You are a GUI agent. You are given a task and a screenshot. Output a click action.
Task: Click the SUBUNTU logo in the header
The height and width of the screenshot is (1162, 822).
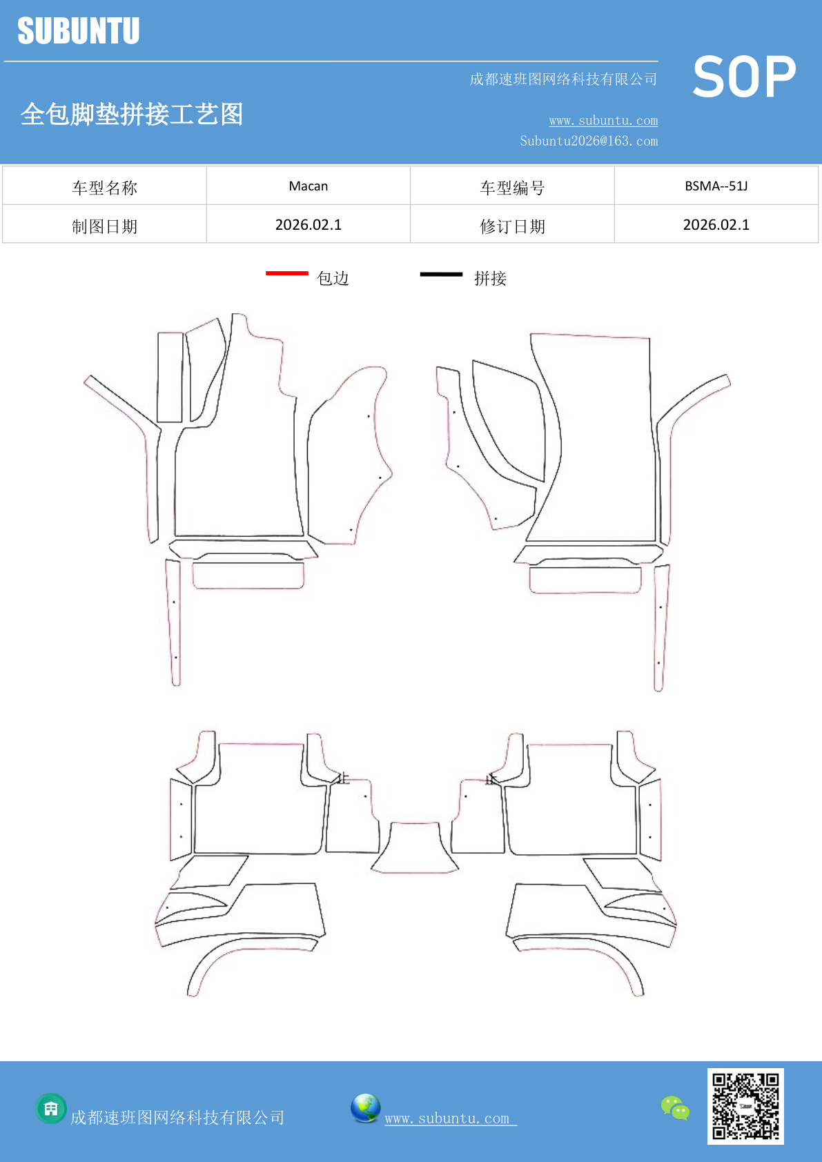pyautogui.click(x=79, y=30)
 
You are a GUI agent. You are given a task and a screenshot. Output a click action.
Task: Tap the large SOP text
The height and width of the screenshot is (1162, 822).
pyautogui.click(x=745, y=77)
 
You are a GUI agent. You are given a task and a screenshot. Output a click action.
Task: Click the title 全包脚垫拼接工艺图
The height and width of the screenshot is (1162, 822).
pyautogui.click(x=132, y=114)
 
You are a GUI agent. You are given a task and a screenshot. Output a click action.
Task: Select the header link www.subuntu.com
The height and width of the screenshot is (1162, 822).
pyautogui.click(x=603, y=120)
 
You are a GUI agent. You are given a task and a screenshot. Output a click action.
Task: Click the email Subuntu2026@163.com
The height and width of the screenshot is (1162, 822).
pyautogui.click(x=589, y=141)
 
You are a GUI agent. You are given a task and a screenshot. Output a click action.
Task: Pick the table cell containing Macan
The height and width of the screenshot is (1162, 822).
pyautogui.click(x=309, y=186)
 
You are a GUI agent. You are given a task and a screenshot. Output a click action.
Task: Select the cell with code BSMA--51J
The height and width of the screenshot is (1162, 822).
pyautogui.click(x=716, y=186)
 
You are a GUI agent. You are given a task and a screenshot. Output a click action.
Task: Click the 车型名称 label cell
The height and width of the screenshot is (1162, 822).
pyautogui.click(x=104, y=186)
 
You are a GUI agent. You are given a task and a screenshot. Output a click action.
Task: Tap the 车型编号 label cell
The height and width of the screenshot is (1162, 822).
pyautogui.click(x=512, y=186)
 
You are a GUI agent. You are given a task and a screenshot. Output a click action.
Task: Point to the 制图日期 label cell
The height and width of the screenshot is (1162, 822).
pyautogui.click(x=104, y=224)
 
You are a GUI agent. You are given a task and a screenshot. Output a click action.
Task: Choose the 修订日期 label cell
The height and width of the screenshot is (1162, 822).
pyautogui.click(x=512, y=224)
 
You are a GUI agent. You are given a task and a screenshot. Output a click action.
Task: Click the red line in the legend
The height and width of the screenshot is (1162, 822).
pyautogui.click(x=287, y=273)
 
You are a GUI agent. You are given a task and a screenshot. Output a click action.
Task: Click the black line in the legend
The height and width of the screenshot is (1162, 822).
pyautogui.click(x=441, y=274)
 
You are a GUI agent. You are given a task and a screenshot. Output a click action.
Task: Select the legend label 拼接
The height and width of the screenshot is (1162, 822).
pyautogui.click(x=491, y=279)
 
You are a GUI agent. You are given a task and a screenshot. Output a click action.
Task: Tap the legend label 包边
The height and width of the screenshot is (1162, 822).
pyautogui.click(x=333, y=279)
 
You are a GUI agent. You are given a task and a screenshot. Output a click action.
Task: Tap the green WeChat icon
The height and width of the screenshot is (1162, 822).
pyautogui.click(x=675, y=1107)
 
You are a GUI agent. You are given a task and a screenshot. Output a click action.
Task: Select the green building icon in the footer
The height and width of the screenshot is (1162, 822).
pyautogui.click(x=51, y=1109)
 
